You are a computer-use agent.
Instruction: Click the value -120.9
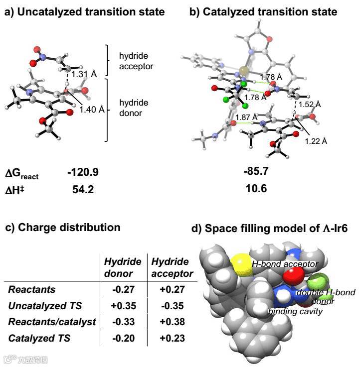pos(83,172)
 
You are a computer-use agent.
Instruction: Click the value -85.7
pos(257,172)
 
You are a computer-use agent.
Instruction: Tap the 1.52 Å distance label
pos(309,104)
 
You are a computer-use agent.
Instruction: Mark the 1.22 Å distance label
pos(316,141)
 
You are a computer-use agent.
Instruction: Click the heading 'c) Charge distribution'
pos(63,228)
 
